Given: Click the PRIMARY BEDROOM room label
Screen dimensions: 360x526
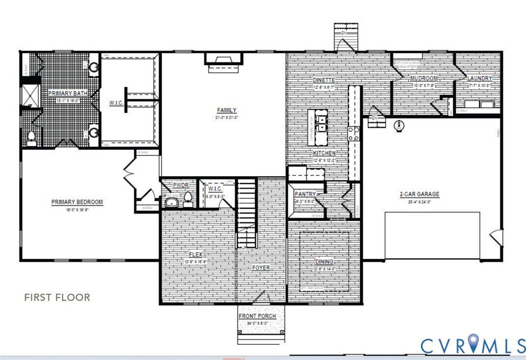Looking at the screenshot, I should pos(77,202).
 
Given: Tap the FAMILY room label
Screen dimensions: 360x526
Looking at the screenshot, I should pos(227,111).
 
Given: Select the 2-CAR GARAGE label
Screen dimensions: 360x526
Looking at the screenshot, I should pos(419,194).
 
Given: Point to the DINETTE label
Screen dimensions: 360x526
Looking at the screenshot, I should pos(324,80).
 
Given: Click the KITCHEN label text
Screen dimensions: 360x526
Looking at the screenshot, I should pos(324,153).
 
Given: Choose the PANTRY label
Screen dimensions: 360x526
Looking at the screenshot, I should pos(305,194).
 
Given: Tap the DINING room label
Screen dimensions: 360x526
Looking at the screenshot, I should pos(324,262).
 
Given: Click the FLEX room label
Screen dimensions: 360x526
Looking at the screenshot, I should pos(196,255).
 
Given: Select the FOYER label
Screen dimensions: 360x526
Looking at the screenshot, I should pos(261,268).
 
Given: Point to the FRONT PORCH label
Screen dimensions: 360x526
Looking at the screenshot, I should pos(257,316).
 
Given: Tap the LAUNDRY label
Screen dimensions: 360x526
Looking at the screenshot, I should pos(479,79).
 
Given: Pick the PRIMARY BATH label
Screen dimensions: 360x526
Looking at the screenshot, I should pos(64,93).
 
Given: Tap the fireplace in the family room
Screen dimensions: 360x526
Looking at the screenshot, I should pos(223,61).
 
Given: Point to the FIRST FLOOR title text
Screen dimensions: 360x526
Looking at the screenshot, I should pos(57,297).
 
